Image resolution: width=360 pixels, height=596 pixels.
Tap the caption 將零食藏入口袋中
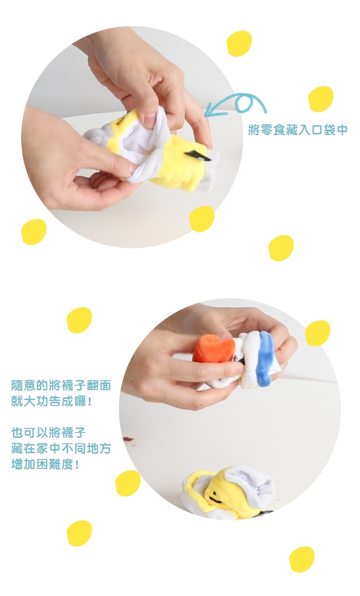pos(298,130)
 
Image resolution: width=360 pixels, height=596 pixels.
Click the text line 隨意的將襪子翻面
pos(61,385)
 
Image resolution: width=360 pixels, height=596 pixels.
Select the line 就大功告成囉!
pos(51,401)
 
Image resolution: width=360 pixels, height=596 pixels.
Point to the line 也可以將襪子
pos(48,432)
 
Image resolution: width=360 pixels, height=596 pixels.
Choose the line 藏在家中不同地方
pos(61,448)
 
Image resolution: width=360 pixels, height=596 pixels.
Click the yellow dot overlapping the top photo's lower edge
pos(202,218)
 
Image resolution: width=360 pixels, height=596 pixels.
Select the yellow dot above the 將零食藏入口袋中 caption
pos(321,99)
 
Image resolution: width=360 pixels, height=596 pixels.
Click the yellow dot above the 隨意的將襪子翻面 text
pos(79,320)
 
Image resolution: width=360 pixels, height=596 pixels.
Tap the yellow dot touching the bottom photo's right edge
pos(318,333)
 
